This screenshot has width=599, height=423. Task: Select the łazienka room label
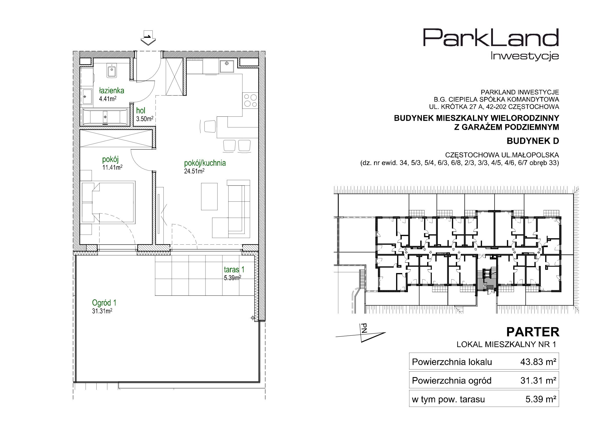pyautogui.click(x=111, y=91)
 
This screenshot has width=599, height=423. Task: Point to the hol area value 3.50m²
pyautogui.click(x=144, y=119)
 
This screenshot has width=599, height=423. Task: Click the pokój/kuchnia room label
pyautogui.click(x=205, y=163)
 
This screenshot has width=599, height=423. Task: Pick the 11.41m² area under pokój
pyautogui.click(x=112, y=167)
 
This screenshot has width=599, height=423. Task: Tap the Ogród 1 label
pyautogui.click(x=104, y=302)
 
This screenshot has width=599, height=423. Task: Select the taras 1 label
pyautogui.click(x=234, y=269)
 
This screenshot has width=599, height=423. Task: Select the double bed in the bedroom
pyautogui.click(x=108, y=203)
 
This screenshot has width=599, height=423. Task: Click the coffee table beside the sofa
pyautogui.click(x=209, y=196)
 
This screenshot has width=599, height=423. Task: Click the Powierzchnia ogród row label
pyautogui.click(x=451, y=381)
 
